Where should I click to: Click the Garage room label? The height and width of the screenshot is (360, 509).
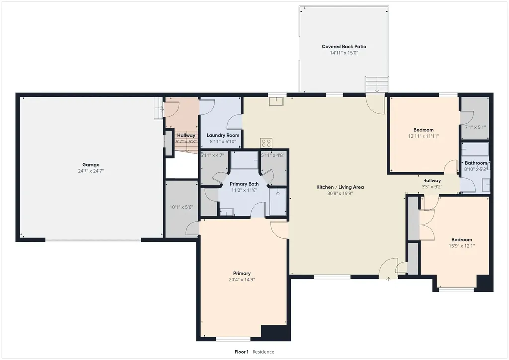(x=90, y=165)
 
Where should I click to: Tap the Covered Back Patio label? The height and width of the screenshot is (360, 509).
(x=344, y=46)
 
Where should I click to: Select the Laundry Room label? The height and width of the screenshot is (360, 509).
(x=223, y=135)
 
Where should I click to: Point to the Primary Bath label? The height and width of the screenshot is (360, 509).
(x=244, y=184)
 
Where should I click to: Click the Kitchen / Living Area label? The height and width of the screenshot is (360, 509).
(x=340, y=187)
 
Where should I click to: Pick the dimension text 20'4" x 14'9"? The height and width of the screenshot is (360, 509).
(x=242, y=279)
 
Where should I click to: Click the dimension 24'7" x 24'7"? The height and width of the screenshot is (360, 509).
(x=90, y=171)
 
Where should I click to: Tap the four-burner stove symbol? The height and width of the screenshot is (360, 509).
(x=266, y=143)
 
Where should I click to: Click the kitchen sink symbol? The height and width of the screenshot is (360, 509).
(x=276, y=101)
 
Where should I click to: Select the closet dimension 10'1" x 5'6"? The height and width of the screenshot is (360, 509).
(x=181, y=207)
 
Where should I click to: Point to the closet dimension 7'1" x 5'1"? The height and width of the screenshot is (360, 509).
(x=475, y=127)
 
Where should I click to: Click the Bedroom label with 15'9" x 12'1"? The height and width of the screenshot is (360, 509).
(x=462, y=240)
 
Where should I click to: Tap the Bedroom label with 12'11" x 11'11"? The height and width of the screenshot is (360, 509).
(x=424, y=130)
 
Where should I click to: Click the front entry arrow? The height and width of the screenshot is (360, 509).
(x=388, y=279)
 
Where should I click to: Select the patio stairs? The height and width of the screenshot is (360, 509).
(x=377, y=85)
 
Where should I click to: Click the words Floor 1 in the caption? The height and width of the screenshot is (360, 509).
(x=241, y=352)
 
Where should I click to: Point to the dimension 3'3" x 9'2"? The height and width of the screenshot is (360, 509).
(x=432, y=186)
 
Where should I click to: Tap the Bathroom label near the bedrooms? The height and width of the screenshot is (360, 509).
(x=476, y=163)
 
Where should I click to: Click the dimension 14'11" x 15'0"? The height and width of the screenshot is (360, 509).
(x=344, y=53)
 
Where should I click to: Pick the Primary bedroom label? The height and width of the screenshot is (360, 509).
(x=242, y=273)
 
